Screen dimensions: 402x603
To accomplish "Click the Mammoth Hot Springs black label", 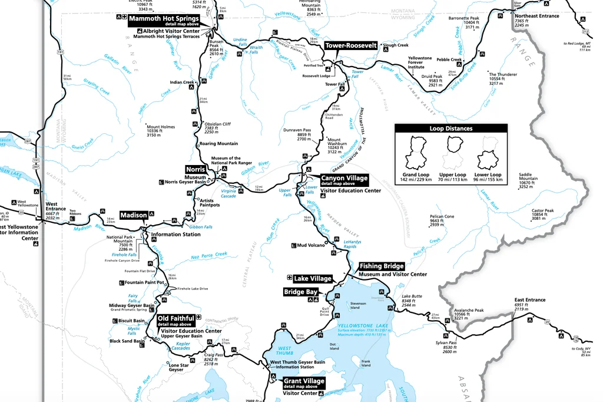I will pos(164,18).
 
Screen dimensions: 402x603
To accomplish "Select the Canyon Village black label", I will pos(344,178).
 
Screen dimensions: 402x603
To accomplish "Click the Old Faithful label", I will pos(175,318).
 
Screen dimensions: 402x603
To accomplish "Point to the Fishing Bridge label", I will pos(382,266).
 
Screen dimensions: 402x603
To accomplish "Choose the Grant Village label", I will pos(304,381).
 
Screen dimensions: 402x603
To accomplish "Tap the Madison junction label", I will pos(134,215).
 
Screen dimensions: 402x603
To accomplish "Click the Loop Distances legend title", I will pos(451,128).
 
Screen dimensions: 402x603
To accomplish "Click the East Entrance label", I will pos(529,300).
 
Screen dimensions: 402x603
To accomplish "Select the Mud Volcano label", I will pos(311,245).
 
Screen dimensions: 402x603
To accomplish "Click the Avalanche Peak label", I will pos(469,310).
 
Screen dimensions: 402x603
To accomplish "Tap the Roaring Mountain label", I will pos(218,143).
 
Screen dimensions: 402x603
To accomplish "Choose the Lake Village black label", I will pos(313,278).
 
